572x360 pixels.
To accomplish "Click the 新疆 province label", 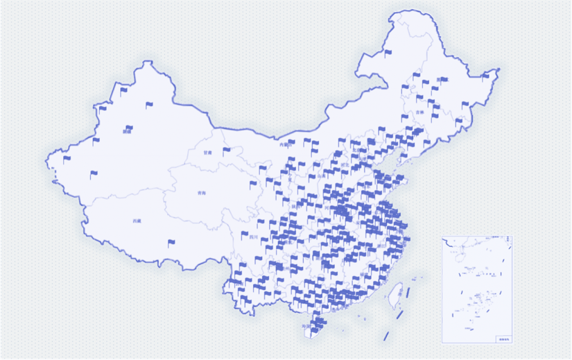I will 128,131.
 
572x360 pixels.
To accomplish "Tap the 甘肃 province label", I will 207,152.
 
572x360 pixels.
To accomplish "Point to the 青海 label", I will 201,194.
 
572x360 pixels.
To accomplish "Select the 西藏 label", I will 137,221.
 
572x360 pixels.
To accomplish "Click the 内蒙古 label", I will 284,145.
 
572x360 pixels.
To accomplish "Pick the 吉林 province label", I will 419,112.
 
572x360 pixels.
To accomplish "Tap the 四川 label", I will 254,237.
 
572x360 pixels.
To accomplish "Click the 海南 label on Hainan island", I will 306,325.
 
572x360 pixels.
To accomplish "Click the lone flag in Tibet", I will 171,243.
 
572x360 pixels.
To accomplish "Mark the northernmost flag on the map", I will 388,52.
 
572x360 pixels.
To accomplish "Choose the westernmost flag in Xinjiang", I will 67,160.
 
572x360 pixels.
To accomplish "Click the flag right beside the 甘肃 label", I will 227,151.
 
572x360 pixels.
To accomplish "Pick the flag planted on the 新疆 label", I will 128,128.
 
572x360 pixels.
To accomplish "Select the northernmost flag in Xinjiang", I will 124,90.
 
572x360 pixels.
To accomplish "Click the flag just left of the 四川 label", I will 244,236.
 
